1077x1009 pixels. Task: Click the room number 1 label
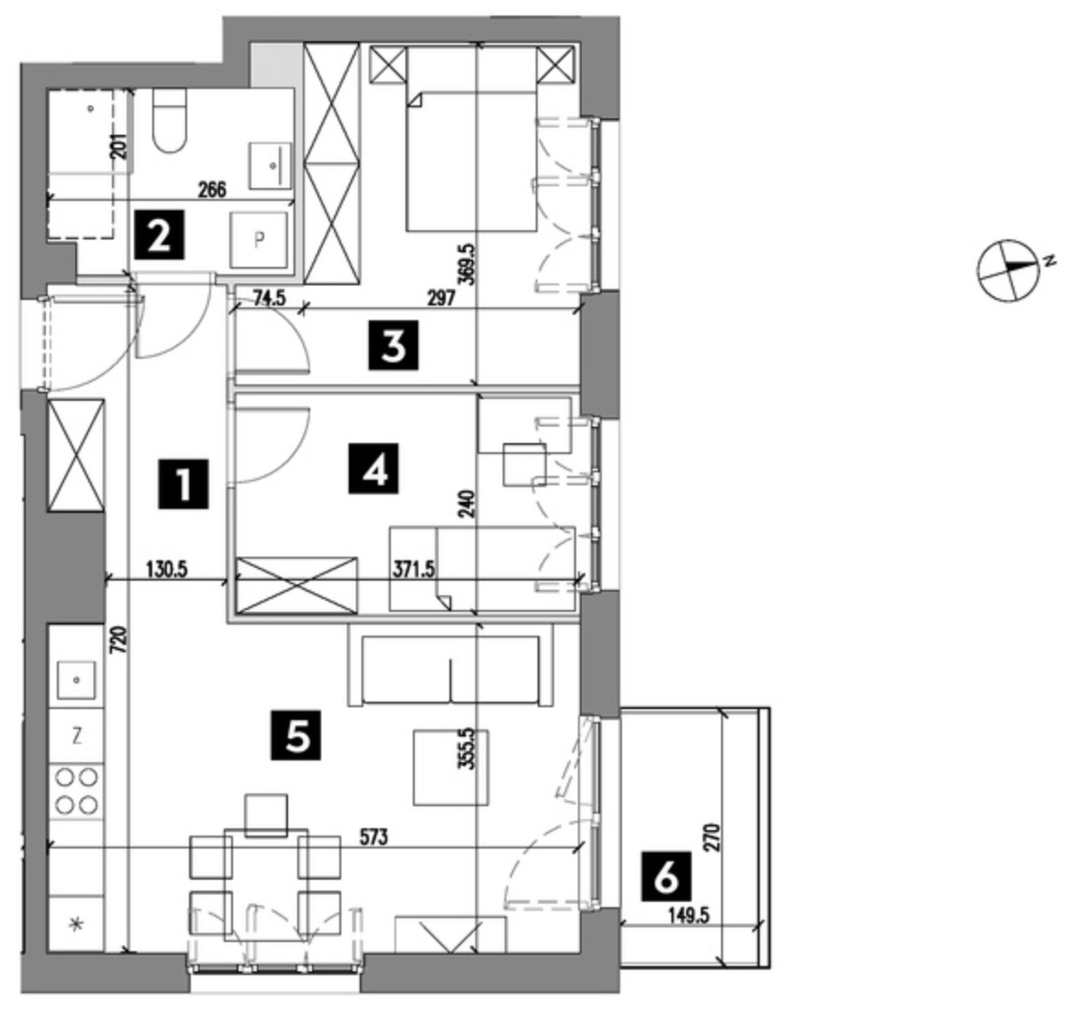point(183,484)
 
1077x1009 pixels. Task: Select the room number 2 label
point(160,234)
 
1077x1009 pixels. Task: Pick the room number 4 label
point(373,469)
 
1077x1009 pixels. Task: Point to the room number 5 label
point(296,736)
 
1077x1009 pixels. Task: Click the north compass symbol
point(1007,270)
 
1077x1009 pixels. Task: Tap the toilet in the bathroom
point(170,121)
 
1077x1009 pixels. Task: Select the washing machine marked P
point(259,239)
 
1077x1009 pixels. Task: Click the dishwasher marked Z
point(76,737)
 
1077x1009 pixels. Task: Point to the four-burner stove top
point(76,790)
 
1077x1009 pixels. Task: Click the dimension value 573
point(374,837)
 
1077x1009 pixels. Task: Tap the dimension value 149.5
point(687,915)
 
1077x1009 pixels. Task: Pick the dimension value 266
point(212,190)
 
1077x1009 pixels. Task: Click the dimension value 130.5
point(167,570)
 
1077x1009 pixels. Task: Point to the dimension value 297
point(441,298)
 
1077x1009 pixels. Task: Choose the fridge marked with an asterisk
point(76,924)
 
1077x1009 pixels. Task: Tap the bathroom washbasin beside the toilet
point(270,165)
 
